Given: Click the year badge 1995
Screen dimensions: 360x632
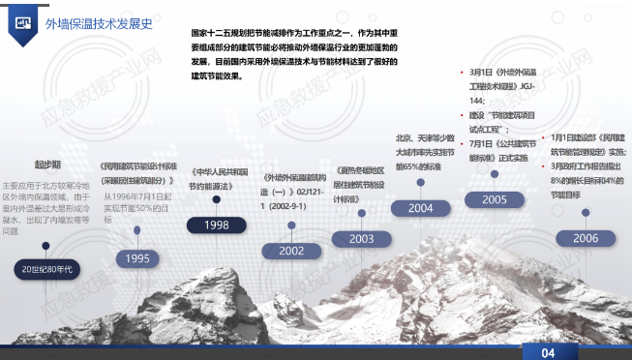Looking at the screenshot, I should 137,258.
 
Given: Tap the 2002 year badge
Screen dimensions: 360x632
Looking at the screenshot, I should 291,250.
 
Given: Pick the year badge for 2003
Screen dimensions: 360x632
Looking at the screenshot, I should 360,238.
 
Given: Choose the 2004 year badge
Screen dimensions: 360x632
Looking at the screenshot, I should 420,207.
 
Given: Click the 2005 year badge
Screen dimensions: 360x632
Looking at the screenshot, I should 494,199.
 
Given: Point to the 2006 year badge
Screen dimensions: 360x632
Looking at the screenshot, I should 585,237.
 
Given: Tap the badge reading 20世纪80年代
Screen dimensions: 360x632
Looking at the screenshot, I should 47,265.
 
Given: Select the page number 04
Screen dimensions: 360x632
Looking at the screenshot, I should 548,352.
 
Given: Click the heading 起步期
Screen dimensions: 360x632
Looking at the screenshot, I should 47,165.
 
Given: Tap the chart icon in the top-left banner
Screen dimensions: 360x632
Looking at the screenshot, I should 23,20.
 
